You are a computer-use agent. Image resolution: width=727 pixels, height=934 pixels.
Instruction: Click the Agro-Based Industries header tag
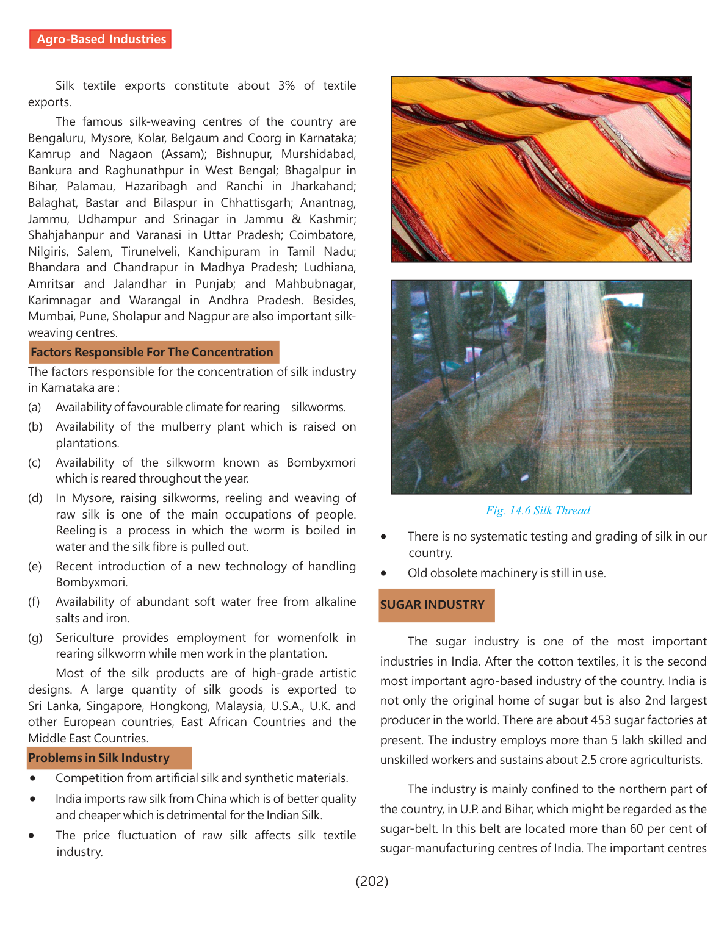click(101, 39)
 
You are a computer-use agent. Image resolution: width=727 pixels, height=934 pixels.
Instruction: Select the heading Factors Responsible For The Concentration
click(153, 352)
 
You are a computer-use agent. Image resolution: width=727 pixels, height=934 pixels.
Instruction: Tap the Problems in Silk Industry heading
click(99, 758)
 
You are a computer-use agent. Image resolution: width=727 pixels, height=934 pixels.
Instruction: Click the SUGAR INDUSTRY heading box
click(433, 605)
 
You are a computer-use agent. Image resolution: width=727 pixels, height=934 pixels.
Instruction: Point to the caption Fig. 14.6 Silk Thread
click(538, 511)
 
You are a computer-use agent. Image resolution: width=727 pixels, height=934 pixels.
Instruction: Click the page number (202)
click(372, 880)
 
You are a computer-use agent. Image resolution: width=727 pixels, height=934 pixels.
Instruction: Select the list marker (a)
click(35, 407)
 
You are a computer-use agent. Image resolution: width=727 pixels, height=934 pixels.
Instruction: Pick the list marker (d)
click(35, 498)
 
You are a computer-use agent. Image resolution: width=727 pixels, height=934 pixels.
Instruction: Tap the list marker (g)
click(35, 638)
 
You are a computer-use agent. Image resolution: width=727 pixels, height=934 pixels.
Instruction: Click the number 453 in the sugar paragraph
click(601, 720)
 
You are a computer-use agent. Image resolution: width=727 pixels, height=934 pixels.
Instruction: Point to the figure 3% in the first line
click(286, 85)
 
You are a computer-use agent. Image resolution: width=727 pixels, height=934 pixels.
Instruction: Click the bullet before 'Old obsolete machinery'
click(384, 573)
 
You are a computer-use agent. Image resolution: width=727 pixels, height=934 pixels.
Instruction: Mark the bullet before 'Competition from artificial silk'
click(32, 778)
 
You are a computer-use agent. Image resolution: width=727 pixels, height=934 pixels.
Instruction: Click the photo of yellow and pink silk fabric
click(541, 169)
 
